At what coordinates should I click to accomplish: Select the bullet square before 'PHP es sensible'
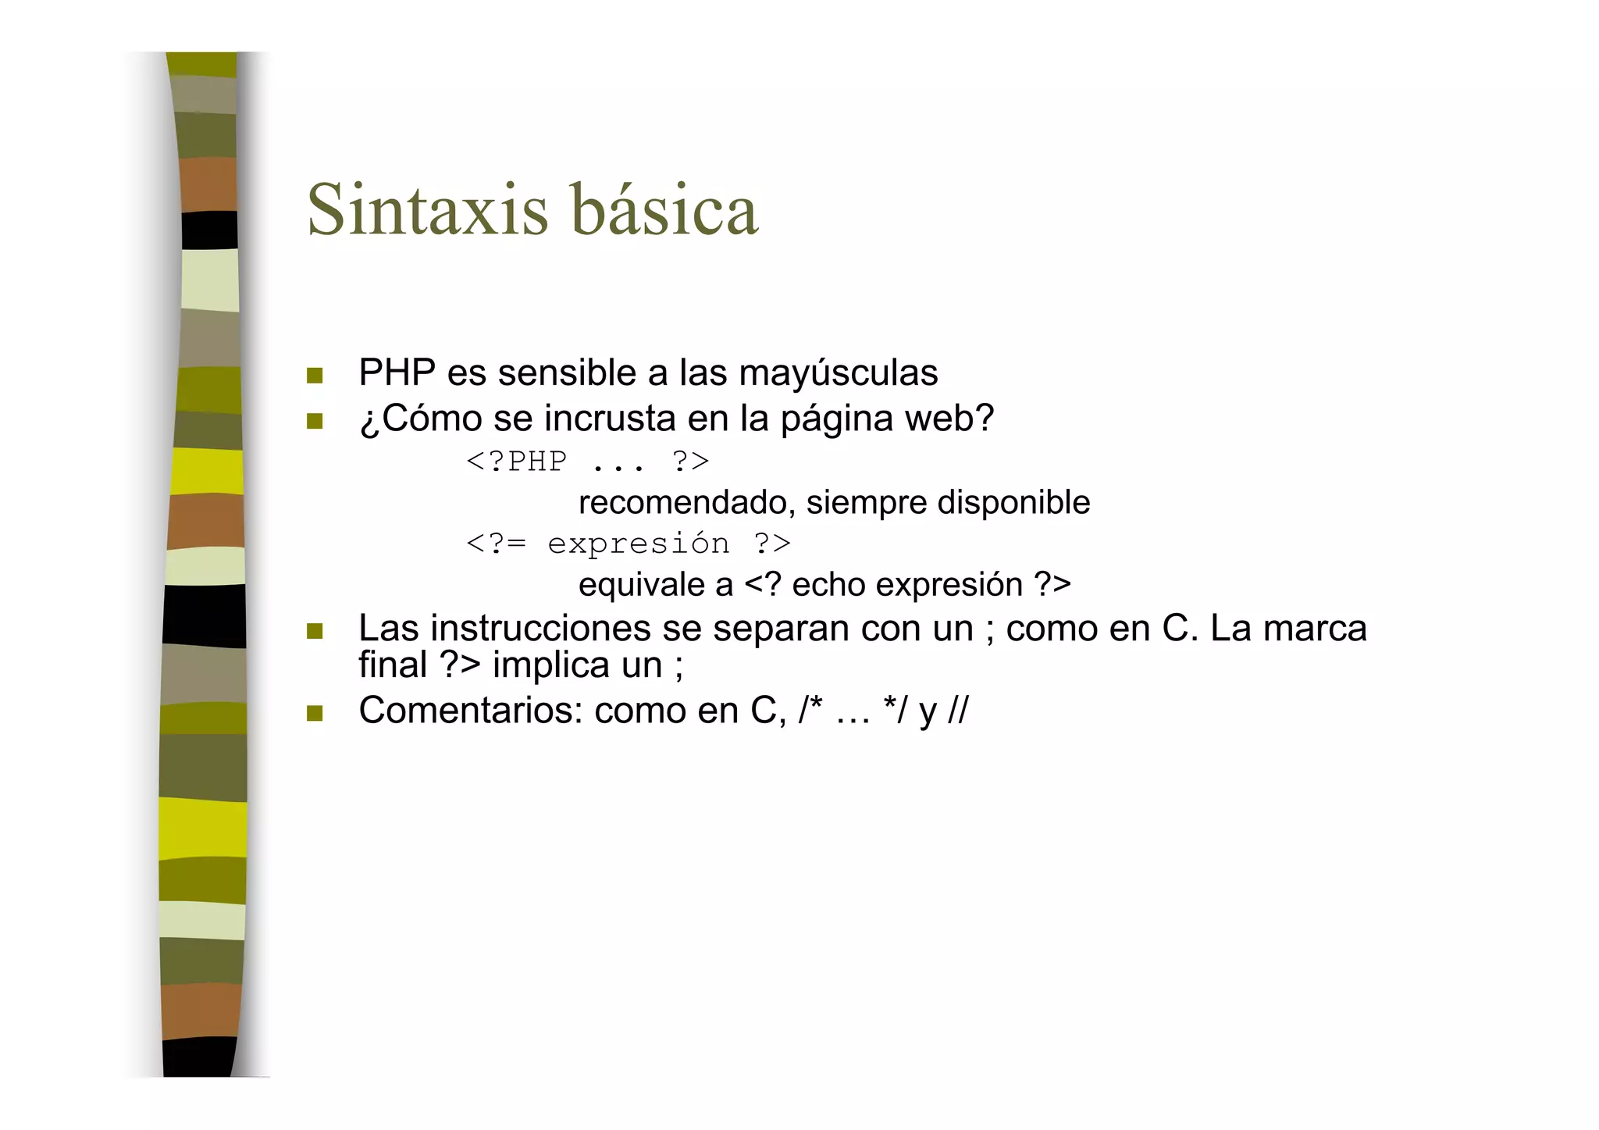pyautogui.click(x=315, y=376)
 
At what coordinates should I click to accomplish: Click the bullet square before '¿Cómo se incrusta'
pyautogui.click(x=315, y=422)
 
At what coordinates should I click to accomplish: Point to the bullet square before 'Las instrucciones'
pyautogui.click(x=315, y=631)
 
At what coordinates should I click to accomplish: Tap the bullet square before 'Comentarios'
pyautogui.click(x=315, y=713)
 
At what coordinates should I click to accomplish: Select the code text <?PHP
pyautogui.click(x=516, y=461)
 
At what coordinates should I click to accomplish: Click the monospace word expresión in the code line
pyautogui.click(x=639, y=544)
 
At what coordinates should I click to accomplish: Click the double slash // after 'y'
pyautogui.click(x=957, y=711)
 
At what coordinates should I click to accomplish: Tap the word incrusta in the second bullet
pyautogui.click(x=609, y=418)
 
